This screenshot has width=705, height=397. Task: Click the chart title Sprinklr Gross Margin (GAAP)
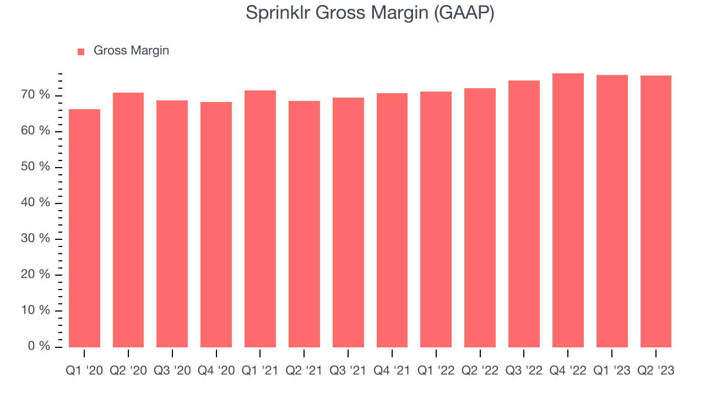click(370, 13)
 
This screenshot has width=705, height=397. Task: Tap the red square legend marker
click(81, 51)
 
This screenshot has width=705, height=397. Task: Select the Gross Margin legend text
click(131, 51)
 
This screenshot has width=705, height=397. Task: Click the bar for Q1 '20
click(84, 228)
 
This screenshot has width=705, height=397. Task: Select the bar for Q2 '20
click(128, 220)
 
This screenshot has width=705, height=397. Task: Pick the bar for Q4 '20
click(216, 224)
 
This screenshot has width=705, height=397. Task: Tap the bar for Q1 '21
click(260, 219)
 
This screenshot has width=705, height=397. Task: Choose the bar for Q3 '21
click(348, 222)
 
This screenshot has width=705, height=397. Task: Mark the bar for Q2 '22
click(480, 218)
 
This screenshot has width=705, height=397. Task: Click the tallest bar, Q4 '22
click(568, 210)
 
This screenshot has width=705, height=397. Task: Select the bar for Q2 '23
click(655, 211)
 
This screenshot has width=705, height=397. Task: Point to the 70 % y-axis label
click(36, 95)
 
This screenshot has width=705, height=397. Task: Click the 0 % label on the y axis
click(39, 347)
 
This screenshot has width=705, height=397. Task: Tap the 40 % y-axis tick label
click(36, 203)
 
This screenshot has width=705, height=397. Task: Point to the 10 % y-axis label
click(36, 310)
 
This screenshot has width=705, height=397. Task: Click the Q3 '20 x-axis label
click(172, 371)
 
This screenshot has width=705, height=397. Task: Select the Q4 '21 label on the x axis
click(392, 371)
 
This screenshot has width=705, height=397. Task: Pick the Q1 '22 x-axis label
click(436, 371)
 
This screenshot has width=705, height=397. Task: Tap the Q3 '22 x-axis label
click(524, 371)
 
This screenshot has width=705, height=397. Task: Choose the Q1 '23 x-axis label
click(611, 371)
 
